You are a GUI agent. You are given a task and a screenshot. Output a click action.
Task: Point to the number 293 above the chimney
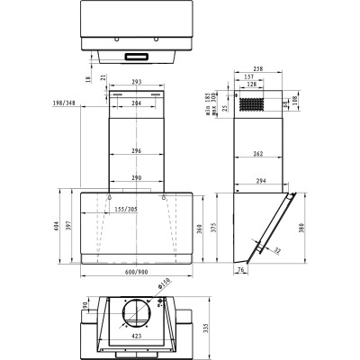click(x=136, y=83)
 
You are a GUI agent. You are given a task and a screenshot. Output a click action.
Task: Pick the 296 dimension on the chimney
click(x=136, y=151)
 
